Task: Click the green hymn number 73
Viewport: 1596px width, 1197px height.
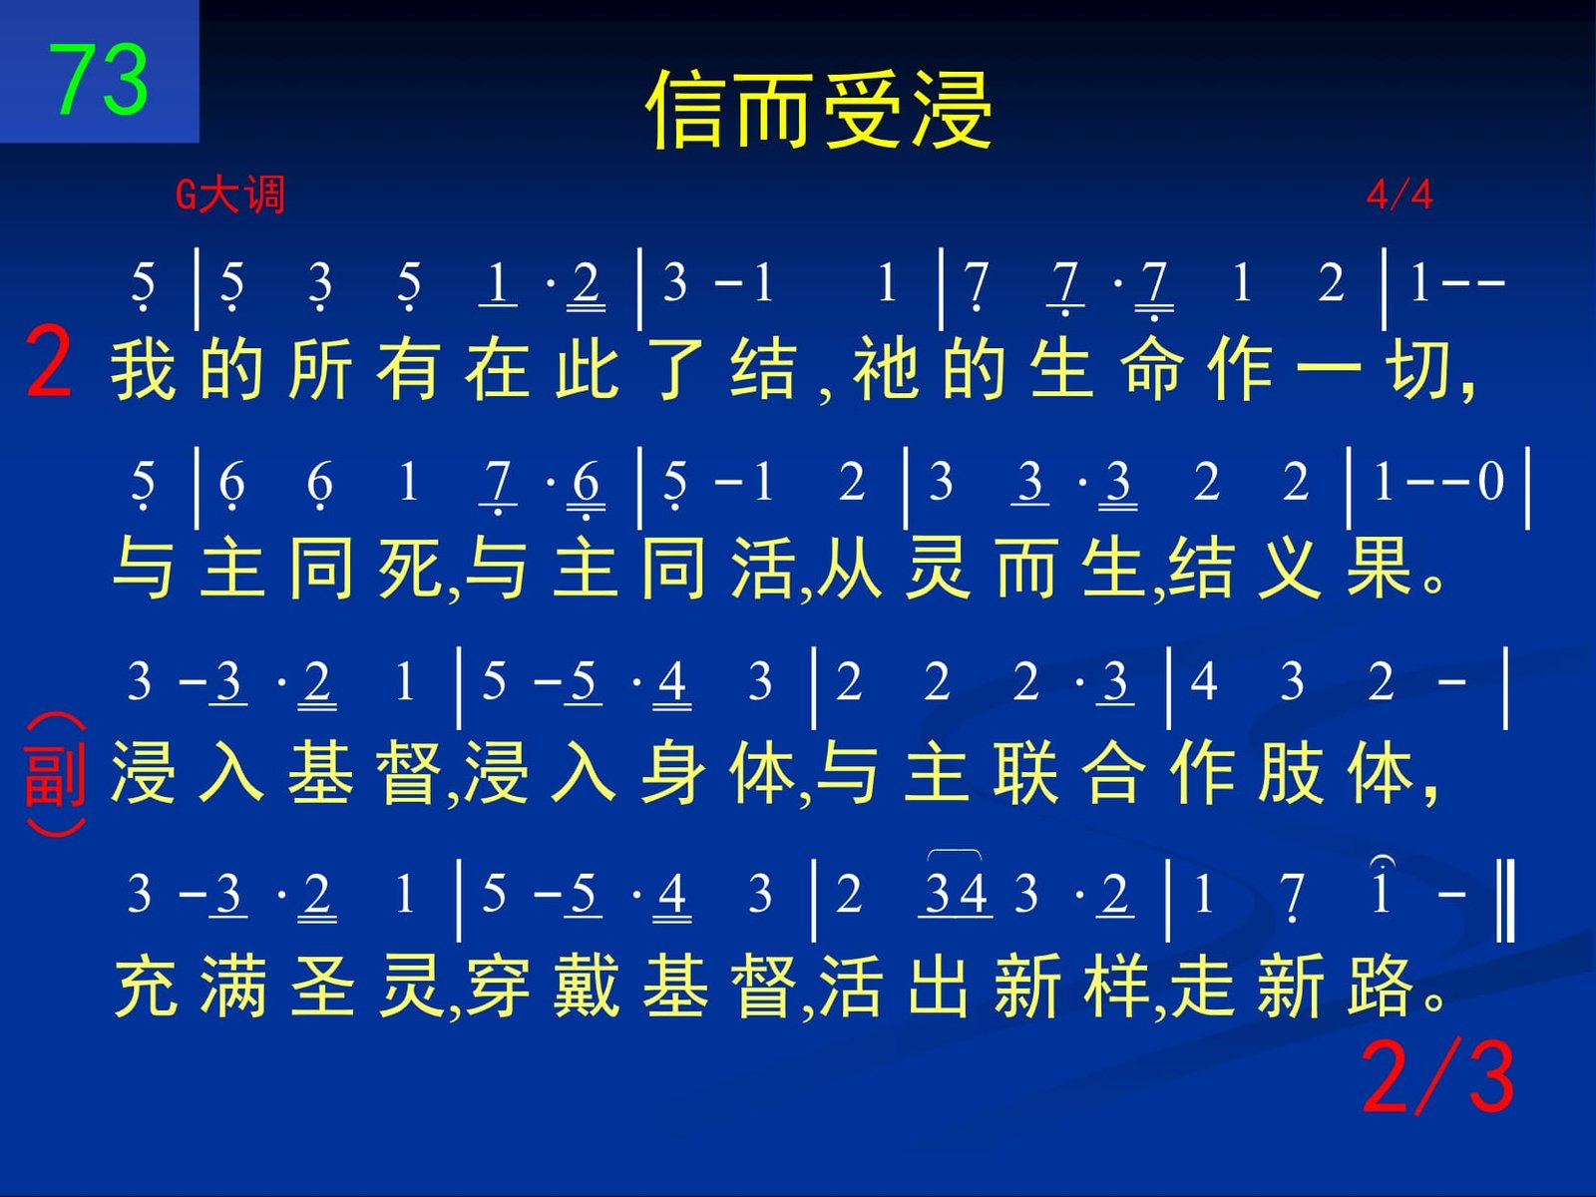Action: pyautogui.click(x=98, y=79)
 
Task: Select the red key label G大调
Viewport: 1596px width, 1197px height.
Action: pyautogui.click(x=229, y=195)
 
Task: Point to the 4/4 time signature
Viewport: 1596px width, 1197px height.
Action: pyautogui.click(x=1399, y=195)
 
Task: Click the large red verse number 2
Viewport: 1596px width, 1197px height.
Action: pyautogui.click(x=49, y=362)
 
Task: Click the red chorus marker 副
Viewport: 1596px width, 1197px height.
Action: pyautogui.click(x=55, y=775)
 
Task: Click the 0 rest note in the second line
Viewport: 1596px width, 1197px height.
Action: pyautogui.click(x=1490, y=482)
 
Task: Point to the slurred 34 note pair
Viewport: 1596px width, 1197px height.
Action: pyautogui.click(x=956, y=893)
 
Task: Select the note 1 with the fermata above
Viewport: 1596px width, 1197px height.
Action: pyautogui.click(x=1381, y=888)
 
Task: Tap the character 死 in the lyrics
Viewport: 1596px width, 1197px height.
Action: pyautogui.click(x=410, y=568)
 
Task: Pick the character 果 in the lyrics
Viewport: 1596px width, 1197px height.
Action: pyautogui.click(x=1379, y=568)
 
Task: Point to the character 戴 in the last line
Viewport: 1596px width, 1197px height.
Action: pyautogui.click(x=587, y=985)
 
